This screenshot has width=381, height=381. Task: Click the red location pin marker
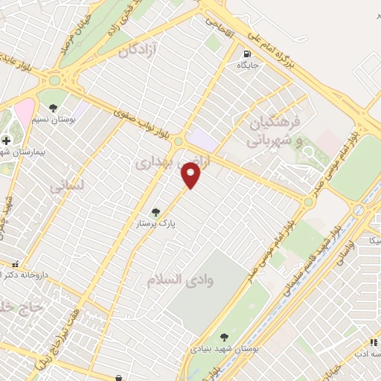[x=191, y=176]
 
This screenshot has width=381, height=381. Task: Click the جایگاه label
[x=247, y=65]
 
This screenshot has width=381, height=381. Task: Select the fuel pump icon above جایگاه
[x=247, y=54]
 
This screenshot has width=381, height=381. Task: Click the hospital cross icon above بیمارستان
[x=7, y=139]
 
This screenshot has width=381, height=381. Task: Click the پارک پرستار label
[x=155, y=222]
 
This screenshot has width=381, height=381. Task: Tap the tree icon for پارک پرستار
[x=155, y=211]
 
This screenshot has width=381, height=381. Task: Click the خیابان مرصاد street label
[x=77, y=30]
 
